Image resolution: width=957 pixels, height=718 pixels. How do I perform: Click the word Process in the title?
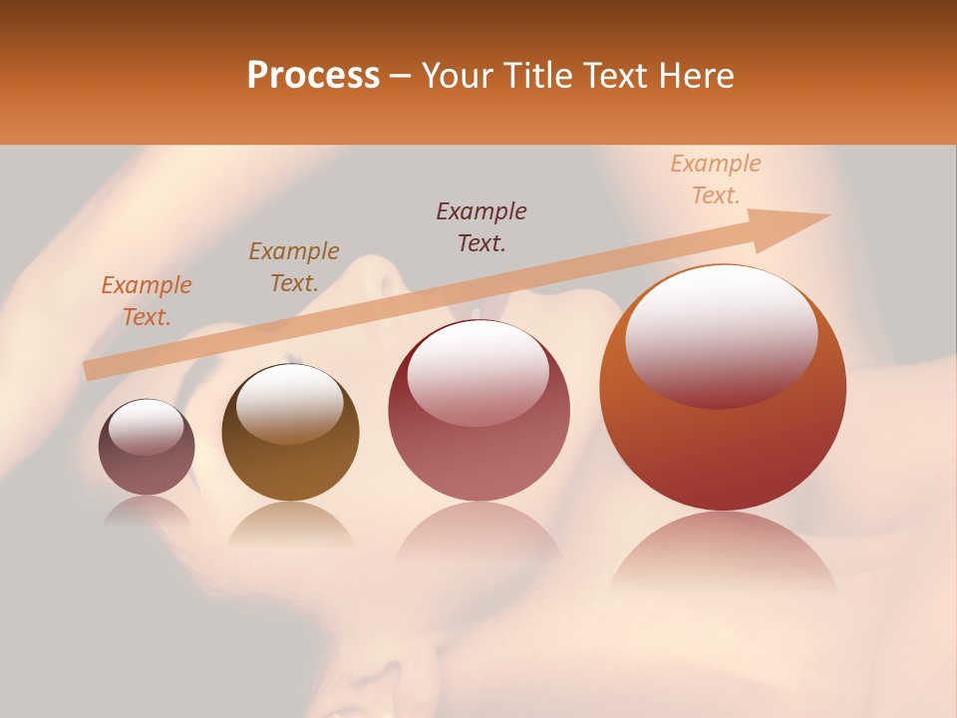click(313, 76)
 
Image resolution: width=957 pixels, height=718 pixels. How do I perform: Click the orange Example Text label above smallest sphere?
click(147, 300)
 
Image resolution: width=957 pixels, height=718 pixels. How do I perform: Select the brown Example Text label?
click(294, 266)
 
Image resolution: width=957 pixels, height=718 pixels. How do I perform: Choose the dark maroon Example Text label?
click(481, 226)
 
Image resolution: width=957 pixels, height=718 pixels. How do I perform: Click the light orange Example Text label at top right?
click(715, 179)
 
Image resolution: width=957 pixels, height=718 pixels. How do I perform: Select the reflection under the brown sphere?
click(290, 523)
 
